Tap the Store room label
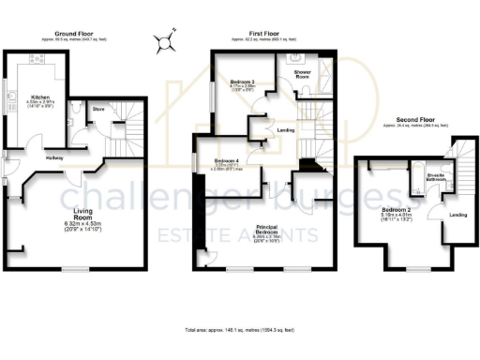(97, 110)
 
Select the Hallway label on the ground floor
(54, 158)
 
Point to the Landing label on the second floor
(458, 215)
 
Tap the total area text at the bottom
(240, 331)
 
